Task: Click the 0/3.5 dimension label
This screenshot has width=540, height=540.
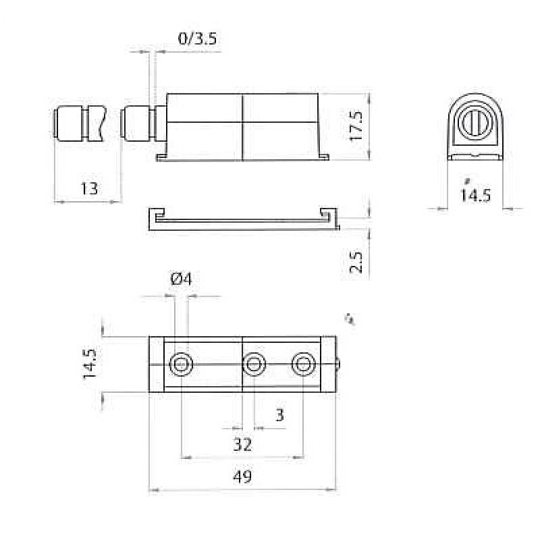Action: (x=197, y=38)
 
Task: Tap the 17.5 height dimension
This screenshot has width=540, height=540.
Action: (x=356, y=126)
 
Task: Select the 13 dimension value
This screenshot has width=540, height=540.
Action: (x=89, y=189)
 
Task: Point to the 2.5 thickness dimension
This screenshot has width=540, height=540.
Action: (x=356, y=263)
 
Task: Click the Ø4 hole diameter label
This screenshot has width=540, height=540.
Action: (x=181, y=279)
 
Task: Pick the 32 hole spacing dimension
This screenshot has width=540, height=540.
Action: (x=242, y=445)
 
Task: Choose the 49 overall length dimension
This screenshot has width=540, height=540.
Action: (x=242, y=477)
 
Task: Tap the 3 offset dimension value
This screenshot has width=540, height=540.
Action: (x=280, y=415)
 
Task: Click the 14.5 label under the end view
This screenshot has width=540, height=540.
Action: (x=475, y=195)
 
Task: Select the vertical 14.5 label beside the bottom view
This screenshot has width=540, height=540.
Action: (x=90, y=364)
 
